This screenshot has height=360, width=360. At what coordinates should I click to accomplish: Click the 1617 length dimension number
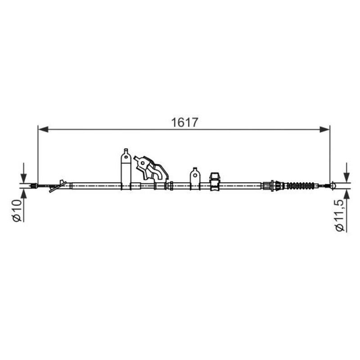click(184, 122)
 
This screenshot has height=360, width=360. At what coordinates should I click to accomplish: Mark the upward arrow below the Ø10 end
click(23, 194)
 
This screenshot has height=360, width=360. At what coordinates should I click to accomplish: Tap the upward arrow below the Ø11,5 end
click(346, 195)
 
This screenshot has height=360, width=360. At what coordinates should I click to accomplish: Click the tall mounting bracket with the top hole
click(126, 169)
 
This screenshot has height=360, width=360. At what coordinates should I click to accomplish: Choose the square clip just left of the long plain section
click(214, 180)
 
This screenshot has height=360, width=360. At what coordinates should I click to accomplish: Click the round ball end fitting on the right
click(333, 185)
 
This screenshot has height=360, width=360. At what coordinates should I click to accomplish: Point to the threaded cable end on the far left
click(33, 185)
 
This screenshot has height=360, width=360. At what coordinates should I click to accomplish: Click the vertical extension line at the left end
click(38, 153)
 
